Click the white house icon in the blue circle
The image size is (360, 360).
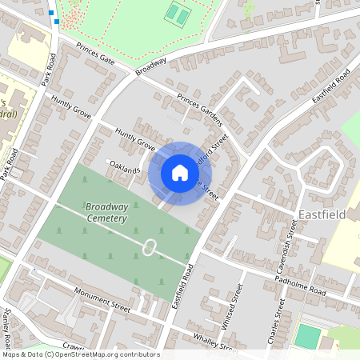point(179,173)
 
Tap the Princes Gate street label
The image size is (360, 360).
point(96,55)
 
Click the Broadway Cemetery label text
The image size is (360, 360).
point(106,212)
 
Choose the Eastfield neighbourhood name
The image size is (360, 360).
point(323,215)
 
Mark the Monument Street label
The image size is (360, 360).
point(100,297)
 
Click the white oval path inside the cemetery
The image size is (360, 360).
point(149,247)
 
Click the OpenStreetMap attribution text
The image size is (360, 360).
point(80,354)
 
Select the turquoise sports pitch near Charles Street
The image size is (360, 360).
point(306,336)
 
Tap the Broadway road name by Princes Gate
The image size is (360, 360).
point(150,66)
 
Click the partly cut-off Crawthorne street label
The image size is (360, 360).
point(74,346)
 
